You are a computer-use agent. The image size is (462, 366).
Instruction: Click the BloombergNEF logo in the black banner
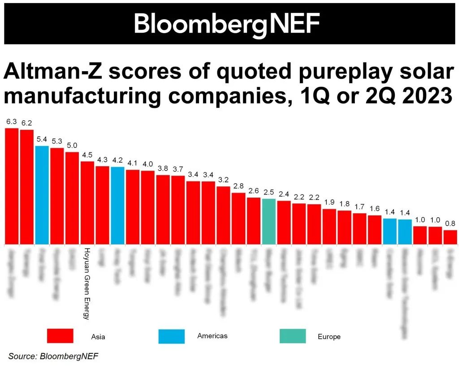227,24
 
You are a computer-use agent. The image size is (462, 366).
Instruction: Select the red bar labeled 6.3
12,186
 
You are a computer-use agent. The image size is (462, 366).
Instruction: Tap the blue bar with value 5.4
42,195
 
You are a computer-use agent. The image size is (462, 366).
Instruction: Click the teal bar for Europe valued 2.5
268,221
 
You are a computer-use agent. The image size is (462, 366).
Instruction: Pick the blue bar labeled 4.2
117,205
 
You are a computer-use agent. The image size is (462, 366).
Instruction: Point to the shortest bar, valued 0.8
450,237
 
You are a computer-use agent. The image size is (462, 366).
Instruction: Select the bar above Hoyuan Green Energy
87,202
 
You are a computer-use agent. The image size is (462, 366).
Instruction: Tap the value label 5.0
72,145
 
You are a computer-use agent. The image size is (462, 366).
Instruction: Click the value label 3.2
223,180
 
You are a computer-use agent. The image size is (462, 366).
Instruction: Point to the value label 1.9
329,202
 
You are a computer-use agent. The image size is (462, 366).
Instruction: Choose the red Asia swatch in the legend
60,336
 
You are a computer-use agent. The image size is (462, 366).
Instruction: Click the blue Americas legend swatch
171,336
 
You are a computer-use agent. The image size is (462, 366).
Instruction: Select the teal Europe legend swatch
292,336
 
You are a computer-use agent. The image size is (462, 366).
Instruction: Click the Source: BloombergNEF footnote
53,356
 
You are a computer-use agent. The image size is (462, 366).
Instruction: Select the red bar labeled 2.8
238,218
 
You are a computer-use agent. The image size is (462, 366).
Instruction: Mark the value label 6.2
27,123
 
